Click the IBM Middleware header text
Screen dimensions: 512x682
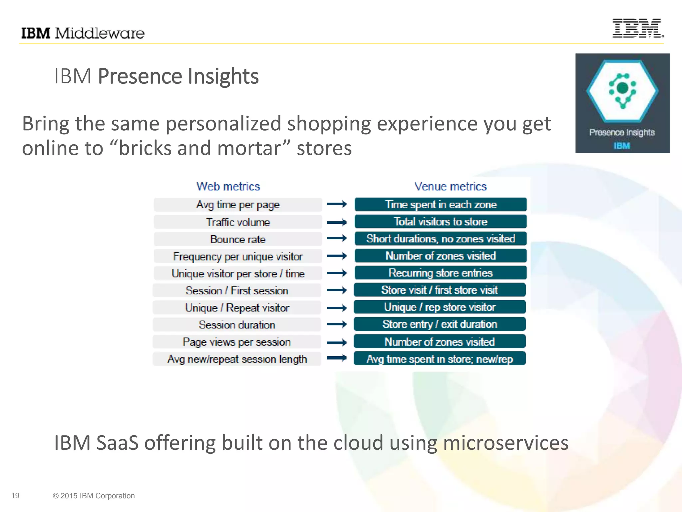pyautogui.click(x=83, y=33)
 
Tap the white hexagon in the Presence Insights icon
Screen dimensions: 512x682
pyautogui.click(x=622, y=91)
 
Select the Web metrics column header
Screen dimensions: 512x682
pyautogui.click(x=228, y=186)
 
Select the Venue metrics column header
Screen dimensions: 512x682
pyautogui.click(x=450, y=186)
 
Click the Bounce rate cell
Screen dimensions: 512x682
pyautogui.click(x=238, y=239)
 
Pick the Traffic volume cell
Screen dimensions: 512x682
pyautogui.click(x=238, y=222)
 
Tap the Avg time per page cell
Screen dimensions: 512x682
pyautogui.click(x=238, y=205)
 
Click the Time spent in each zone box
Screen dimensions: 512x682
pyautogui.click(x=441, y=204)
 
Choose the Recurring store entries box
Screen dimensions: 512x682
pyautogui.click(x=441, y=273)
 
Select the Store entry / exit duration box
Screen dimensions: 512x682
pyautogui.click(x=440, y=324)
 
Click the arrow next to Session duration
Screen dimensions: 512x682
pyautogui.click(x=337, y=324)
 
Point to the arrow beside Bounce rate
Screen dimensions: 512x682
pyautogui.click(x=337, y=238)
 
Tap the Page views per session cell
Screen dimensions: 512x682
pyautogui.click(x=237, y=342)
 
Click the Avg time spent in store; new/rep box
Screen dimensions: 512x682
pyautogui.click(x=440, y=359)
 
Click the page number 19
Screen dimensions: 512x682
pyautogui.click(x=15, y=496)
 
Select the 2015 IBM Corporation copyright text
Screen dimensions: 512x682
pyautogui.click(x=94, y=496)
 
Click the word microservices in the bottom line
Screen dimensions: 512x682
pyautogui.click(x=506, y=443)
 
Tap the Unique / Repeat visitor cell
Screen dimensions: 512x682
pyautogui.click(x=237, y=308)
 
